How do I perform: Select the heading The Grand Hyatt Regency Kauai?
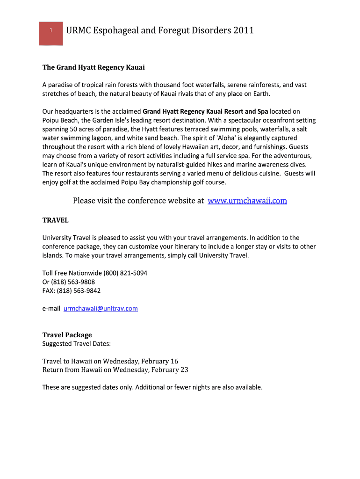94,67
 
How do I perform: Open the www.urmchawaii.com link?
247,201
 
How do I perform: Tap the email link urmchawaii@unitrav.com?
101,309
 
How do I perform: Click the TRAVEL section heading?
56,220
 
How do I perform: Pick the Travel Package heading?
67,335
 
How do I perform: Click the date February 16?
159,361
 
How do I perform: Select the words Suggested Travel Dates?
77,344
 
